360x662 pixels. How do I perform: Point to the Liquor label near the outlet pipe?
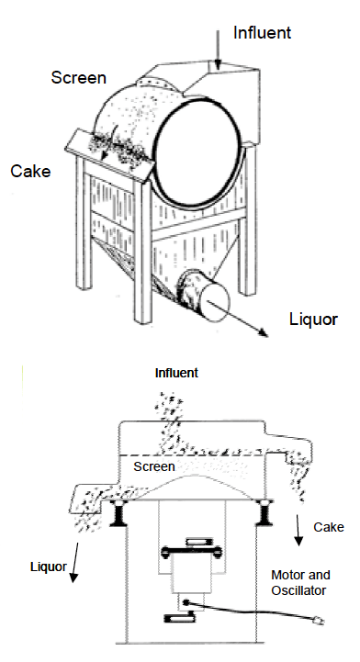tap(313, 320)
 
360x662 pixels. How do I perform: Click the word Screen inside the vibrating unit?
tap(153, 467)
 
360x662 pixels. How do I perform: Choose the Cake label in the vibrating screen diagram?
tap(328, 527)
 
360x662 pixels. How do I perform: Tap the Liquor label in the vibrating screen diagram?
tap(49, 567)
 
